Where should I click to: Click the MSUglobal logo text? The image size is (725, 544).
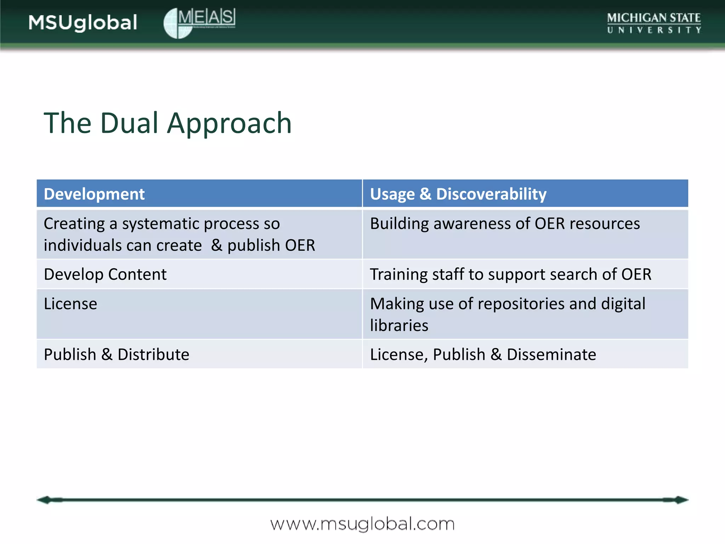pos(83,23)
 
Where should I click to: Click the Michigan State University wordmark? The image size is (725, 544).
pos(653,23)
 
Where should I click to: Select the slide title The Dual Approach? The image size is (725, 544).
pos(167,123)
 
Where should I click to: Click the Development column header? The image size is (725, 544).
pos(94,194)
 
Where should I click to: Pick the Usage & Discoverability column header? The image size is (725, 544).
pos(458,194)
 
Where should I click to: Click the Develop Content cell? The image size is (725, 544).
pos(105,274)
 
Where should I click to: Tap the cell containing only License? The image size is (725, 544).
pos(70,304)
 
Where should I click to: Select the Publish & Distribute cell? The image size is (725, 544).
pos(116,355)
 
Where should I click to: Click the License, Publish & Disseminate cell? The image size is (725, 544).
pos(483,355)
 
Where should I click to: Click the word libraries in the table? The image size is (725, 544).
pos(399,325)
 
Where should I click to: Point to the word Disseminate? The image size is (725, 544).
pos(551,355)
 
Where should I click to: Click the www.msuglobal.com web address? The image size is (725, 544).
pos(362,524)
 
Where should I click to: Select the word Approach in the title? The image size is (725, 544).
pos(229,123)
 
